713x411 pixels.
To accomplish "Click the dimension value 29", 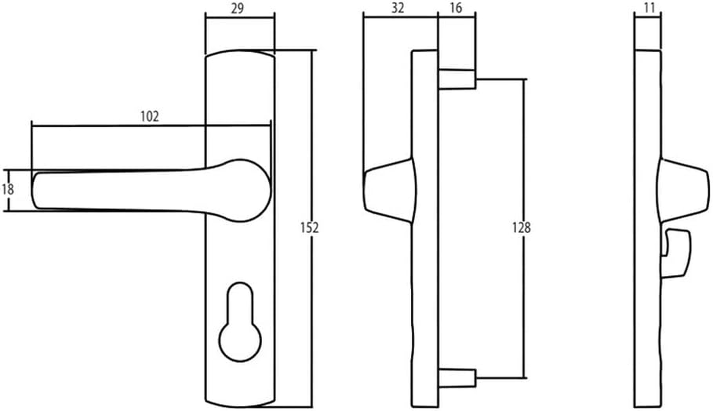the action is coord(237,8).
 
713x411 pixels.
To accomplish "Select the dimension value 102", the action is coord(150,116).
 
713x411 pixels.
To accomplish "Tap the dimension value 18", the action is coord(7,189).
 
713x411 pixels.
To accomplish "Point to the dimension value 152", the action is coord(309,227).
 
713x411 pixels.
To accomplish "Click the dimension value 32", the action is coord(398,8).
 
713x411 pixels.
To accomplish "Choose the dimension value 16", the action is coord(455,8).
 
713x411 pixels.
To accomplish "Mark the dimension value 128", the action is coord(521,227).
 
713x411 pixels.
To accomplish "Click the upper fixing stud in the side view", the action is coord(456,79).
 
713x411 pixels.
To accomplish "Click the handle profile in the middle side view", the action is coord(389,190).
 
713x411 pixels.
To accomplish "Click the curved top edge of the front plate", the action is coord(240,51).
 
